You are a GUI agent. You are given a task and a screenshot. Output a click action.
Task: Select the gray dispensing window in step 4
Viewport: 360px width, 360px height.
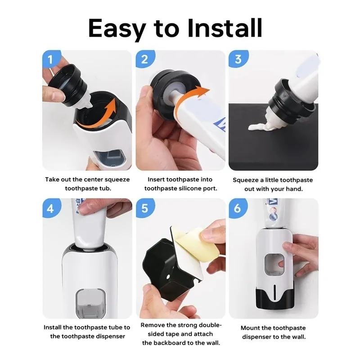click(88, 302)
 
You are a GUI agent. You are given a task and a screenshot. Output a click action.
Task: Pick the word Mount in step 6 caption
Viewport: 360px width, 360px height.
click(251, 328)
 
